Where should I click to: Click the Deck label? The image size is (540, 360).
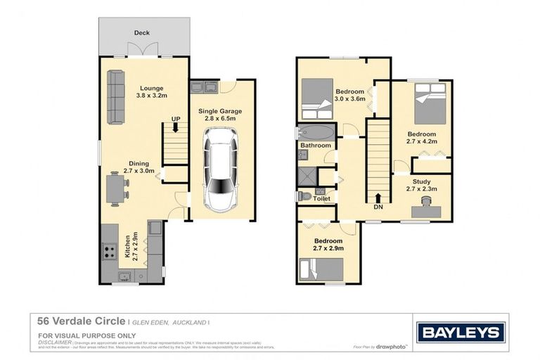(142, 33)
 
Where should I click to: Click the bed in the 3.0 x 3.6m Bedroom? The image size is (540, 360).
(317, 98)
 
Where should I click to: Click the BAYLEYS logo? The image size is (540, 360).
(460, 333)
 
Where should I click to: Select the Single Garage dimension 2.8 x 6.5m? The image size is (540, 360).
(221, 119)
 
